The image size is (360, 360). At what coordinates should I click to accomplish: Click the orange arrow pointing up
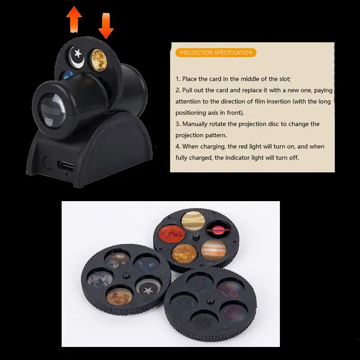click(74, 19)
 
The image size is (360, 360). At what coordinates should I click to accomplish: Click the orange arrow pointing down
click(106, 26)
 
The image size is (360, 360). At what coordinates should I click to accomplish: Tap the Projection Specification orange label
click(216, 53)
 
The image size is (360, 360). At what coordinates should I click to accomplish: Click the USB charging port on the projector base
click(66, 166)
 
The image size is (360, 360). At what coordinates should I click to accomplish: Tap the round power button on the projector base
click(48, 162)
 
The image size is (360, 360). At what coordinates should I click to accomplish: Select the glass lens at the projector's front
click(52, 111)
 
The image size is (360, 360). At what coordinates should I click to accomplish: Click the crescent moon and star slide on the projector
click(76, 58)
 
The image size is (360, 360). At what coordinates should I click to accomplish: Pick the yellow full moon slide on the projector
click(98, 59)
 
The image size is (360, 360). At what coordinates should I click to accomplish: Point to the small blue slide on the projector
click(67, 75)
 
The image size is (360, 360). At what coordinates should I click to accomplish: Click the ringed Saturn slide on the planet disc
click(218, 230)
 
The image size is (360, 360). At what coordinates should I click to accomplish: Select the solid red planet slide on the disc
click(172, 234)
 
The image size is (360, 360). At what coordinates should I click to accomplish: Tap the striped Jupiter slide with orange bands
click(213, 250)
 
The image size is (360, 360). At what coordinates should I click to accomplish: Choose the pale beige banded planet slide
click(193, 220)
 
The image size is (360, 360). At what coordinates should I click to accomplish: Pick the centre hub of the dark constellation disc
click(210, 300)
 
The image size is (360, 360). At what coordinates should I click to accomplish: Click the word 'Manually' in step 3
click(197, 124)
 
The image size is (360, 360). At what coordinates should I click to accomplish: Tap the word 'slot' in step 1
click(285, 79)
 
